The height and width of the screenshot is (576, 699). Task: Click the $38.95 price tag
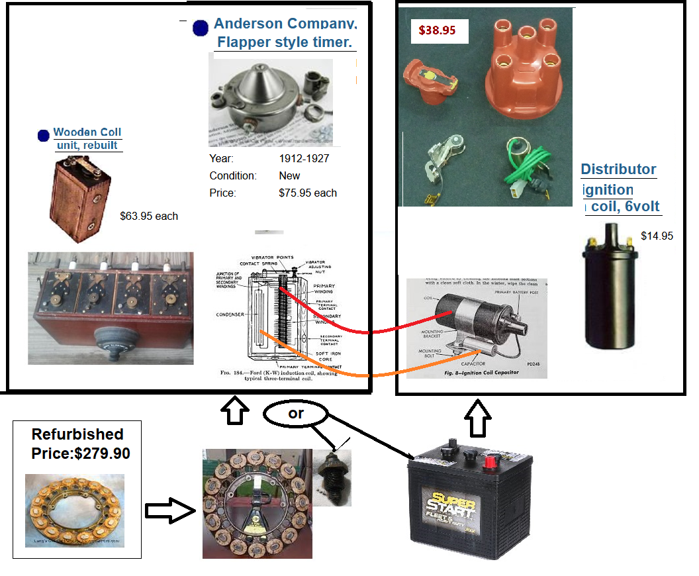click(438, 30)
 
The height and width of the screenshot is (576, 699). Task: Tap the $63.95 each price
click(149, 216)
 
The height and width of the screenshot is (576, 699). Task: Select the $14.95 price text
click(657, 236)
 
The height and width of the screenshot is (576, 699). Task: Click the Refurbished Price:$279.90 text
click(77, 444)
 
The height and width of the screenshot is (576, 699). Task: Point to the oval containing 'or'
click(296, 414)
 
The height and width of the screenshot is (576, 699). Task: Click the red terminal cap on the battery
click(491, 461)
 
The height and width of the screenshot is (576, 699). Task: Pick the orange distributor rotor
click(427, 80)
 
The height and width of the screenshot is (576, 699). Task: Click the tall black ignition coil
click(608, 291)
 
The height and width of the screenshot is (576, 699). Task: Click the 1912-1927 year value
click(304, 158)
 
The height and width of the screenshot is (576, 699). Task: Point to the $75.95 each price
click(308, 193)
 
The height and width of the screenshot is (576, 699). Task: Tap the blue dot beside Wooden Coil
click(44, 136)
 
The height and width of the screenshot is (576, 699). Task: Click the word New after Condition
click(289, 176)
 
